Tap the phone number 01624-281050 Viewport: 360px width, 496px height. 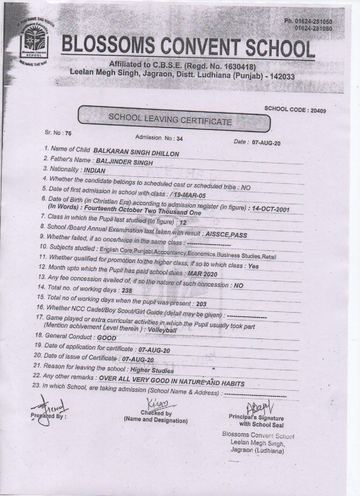tap(314, 22)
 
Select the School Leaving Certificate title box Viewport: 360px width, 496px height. tap(174, 119)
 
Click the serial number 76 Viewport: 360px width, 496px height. tap(68, 133)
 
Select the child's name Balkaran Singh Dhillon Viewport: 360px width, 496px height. tap(136, 153)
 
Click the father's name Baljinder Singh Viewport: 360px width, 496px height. tap(125, 162)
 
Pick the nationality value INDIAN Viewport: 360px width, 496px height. tap(94, 170)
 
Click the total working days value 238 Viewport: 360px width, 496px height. tap(127, 291)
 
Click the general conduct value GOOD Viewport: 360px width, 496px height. tap(107, 338)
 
